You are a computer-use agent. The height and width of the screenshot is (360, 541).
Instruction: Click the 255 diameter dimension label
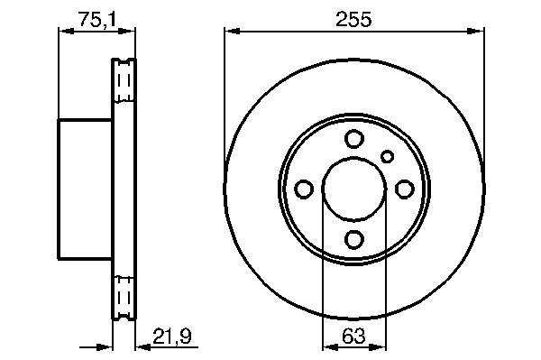click(353, 19)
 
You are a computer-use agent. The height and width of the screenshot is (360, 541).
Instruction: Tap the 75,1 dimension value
click(97, 20)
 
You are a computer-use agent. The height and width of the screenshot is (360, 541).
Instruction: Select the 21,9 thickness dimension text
click(172, 337)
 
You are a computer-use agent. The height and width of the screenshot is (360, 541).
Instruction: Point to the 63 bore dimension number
click(354, 336)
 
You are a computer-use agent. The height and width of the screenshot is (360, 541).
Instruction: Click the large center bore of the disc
click(354, 189)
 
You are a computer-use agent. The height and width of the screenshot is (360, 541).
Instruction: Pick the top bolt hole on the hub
click(354, 139)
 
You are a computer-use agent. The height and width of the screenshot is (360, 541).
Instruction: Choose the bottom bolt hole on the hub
click(354, 239)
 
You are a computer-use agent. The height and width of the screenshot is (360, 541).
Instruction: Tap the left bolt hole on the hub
click(304, 189)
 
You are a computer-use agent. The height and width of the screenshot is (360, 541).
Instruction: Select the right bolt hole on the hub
click(404, 189)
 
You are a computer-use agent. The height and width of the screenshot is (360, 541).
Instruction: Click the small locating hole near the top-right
click(387, 157)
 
